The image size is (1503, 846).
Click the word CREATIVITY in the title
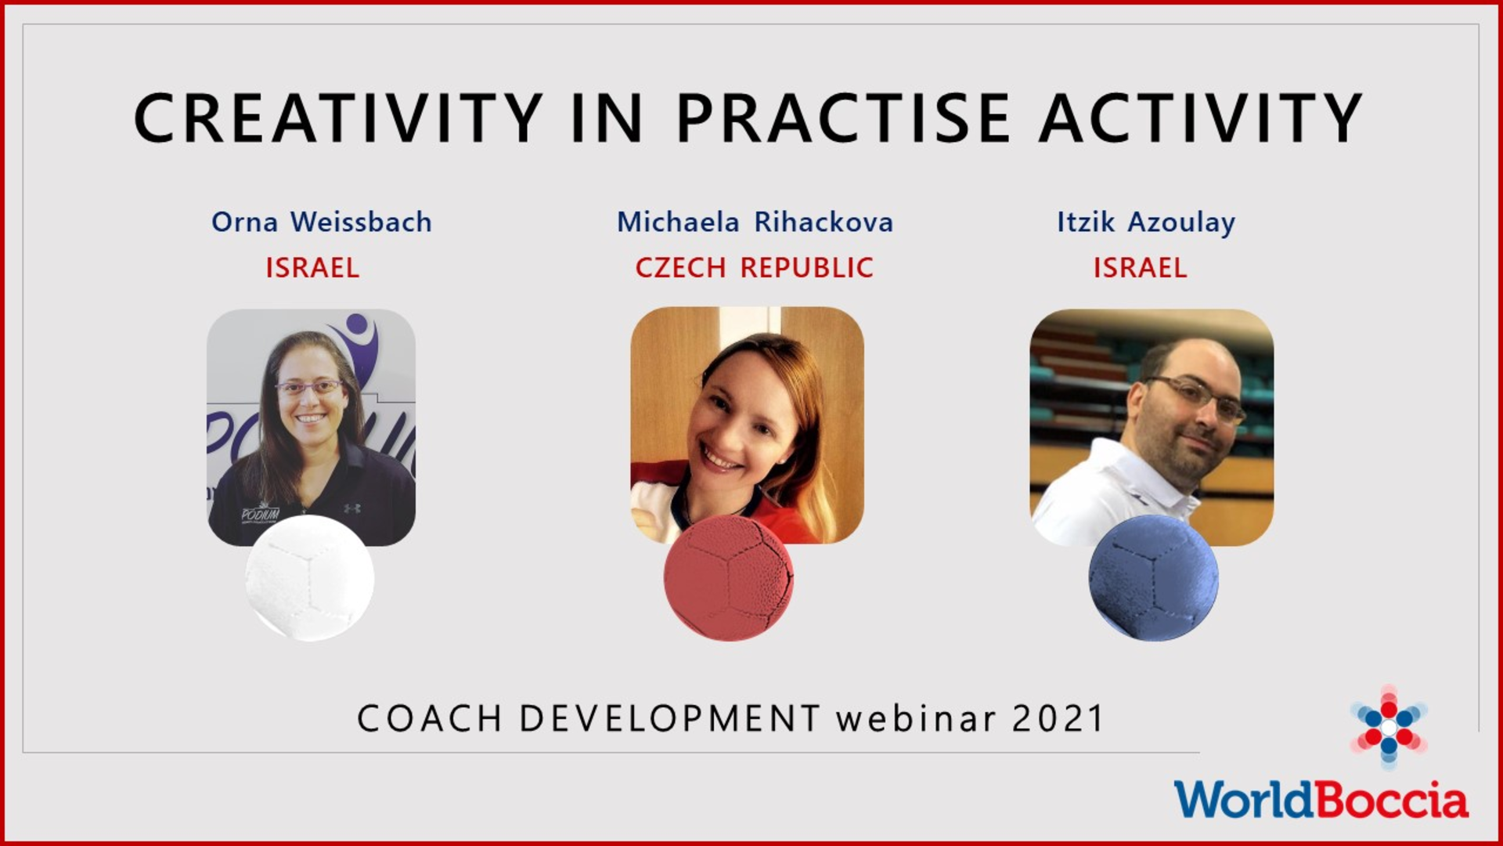(x=338, y=117)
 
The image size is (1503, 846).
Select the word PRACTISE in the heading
(x=843, y=117)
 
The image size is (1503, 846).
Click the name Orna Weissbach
(x=321, y=222)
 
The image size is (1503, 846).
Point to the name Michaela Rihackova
(x=755, y=222)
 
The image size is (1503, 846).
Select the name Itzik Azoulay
(x=1146, y=222)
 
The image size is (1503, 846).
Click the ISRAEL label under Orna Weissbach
(x=312, y=268)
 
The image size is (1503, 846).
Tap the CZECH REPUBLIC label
(x=754, y=268)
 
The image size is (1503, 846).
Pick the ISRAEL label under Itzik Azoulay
(x=1140, y=268)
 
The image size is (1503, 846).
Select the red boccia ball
(x=728, y=578)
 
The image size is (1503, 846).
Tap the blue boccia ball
(x=1153, y=578)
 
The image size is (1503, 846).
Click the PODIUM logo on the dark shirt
(x=259, y=515)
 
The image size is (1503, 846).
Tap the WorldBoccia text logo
(x=1321, y=800)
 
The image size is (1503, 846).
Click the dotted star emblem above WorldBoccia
(x=1388, y=727)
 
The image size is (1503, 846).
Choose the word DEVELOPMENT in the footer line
(x=669, y=718)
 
